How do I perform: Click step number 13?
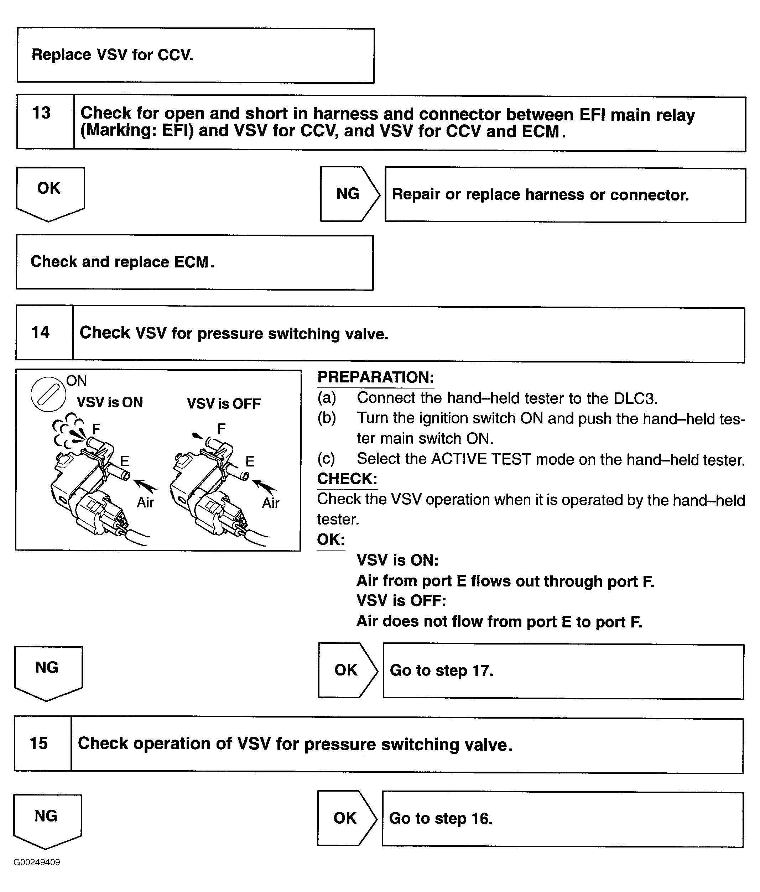point(42,113)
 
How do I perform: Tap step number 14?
point(41,332)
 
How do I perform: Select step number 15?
point(39,743)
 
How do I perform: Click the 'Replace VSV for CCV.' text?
point(113,55)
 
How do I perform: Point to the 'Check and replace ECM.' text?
point(122,262)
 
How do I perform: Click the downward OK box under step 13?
point(50,192)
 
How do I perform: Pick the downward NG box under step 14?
point(47,671)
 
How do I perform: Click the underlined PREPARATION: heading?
point(375,377)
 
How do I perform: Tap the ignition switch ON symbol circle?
point(48,394)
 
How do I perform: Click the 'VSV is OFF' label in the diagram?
point(224,404)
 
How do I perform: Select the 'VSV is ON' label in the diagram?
point(110,402)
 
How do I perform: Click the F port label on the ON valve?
point(96,429)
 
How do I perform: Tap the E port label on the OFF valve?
point(250,461)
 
